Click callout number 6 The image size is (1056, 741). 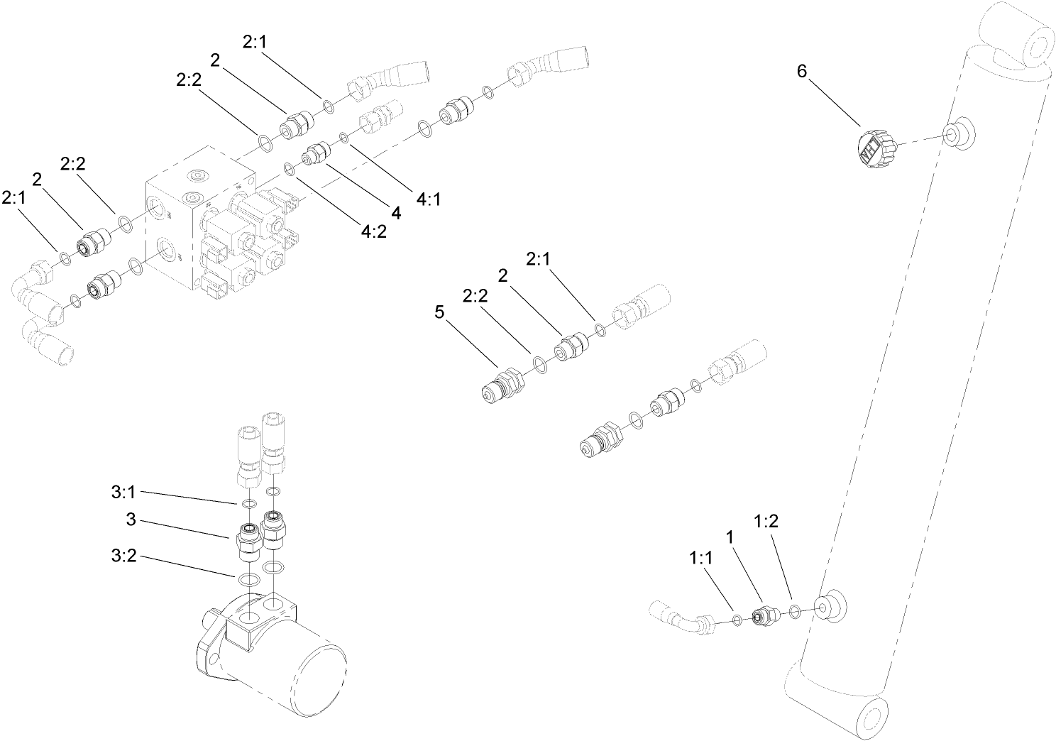coord(801,71)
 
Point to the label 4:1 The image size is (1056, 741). coord(429,201)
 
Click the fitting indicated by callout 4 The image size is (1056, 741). coord(314,153)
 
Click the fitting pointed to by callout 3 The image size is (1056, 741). coord(248,539)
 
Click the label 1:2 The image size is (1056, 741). coord(766,522)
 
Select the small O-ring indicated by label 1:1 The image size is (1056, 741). coord(737,621)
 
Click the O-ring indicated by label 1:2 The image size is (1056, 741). coord(796,610)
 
